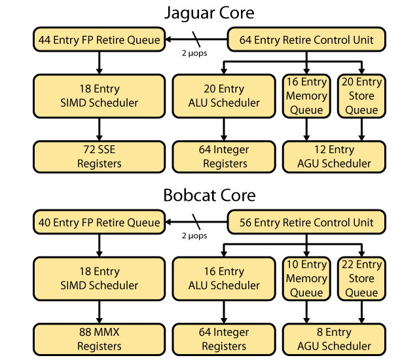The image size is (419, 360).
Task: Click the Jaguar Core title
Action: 209,12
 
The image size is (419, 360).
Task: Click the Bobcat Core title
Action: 209,195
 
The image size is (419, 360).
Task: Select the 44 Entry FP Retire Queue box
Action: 98,40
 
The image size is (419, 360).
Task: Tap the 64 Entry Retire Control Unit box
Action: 306,40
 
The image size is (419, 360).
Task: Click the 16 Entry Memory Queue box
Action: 306,96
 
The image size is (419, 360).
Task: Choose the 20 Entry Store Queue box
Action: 361,96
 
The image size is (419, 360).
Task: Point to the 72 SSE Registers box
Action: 98,156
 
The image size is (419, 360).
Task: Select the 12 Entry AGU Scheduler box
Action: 333,156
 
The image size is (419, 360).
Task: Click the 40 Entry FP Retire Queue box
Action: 98,223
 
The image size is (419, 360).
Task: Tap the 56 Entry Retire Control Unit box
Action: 306,223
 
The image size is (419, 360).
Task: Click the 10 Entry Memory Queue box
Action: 306,278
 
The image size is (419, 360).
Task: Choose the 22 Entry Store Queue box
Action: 361,278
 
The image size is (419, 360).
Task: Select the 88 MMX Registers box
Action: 98,339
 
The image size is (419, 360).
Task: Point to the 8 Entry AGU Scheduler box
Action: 333,339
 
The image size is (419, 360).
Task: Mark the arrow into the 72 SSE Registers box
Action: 98,129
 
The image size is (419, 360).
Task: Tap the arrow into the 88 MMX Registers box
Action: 98,312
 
